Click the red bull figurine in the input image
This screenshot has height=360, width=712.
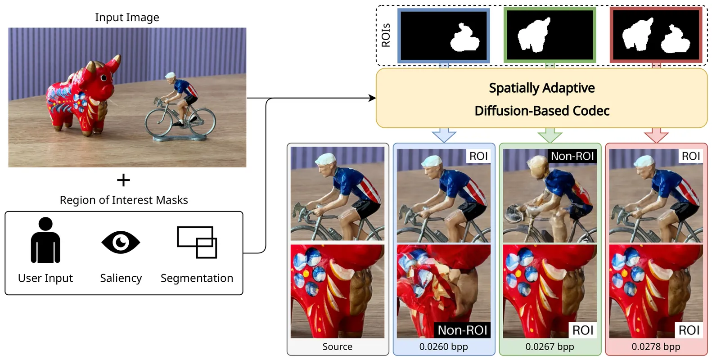click(81, 97)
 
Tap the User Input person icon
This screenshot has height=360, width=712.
click(45, 240)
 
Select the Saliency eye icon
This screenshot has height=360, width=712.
click(121, 242)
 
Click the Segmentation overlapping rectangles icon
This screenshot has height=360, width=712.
click(197, 242)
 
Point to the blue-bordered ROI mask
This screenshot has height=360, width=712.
click(444, 36)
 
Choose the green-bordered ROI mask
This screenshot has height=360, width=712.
click(550, 36)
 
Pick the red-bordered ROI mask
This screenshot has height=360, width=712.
click(656, 36)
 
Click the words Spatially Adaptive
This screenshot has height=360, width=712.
click(541, 88)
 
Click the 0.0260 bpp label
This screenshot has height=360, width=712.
click(443, 346)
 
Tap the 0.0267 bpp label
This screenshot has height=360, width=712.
click(550, 346)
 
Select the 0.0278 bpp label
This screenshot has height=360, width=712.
click(656, 346)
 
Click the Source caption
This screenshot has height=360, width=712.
click(337, 346)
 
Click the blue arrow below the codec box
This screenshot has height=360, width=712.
click(444, 135)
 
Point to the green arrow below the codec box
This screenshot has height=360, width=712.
click(550, 135)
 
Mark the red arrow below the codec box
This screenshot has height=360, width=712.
click(656, 135)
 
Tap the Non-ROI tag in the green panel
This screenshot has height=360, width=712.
click(572, 156)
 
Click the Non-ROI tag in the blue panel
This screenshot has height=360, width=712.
click(462, 330)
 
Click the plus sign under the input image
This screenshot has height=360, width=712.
click(123, 180)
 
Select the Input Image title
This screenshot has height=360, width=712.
click(127, 18)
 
